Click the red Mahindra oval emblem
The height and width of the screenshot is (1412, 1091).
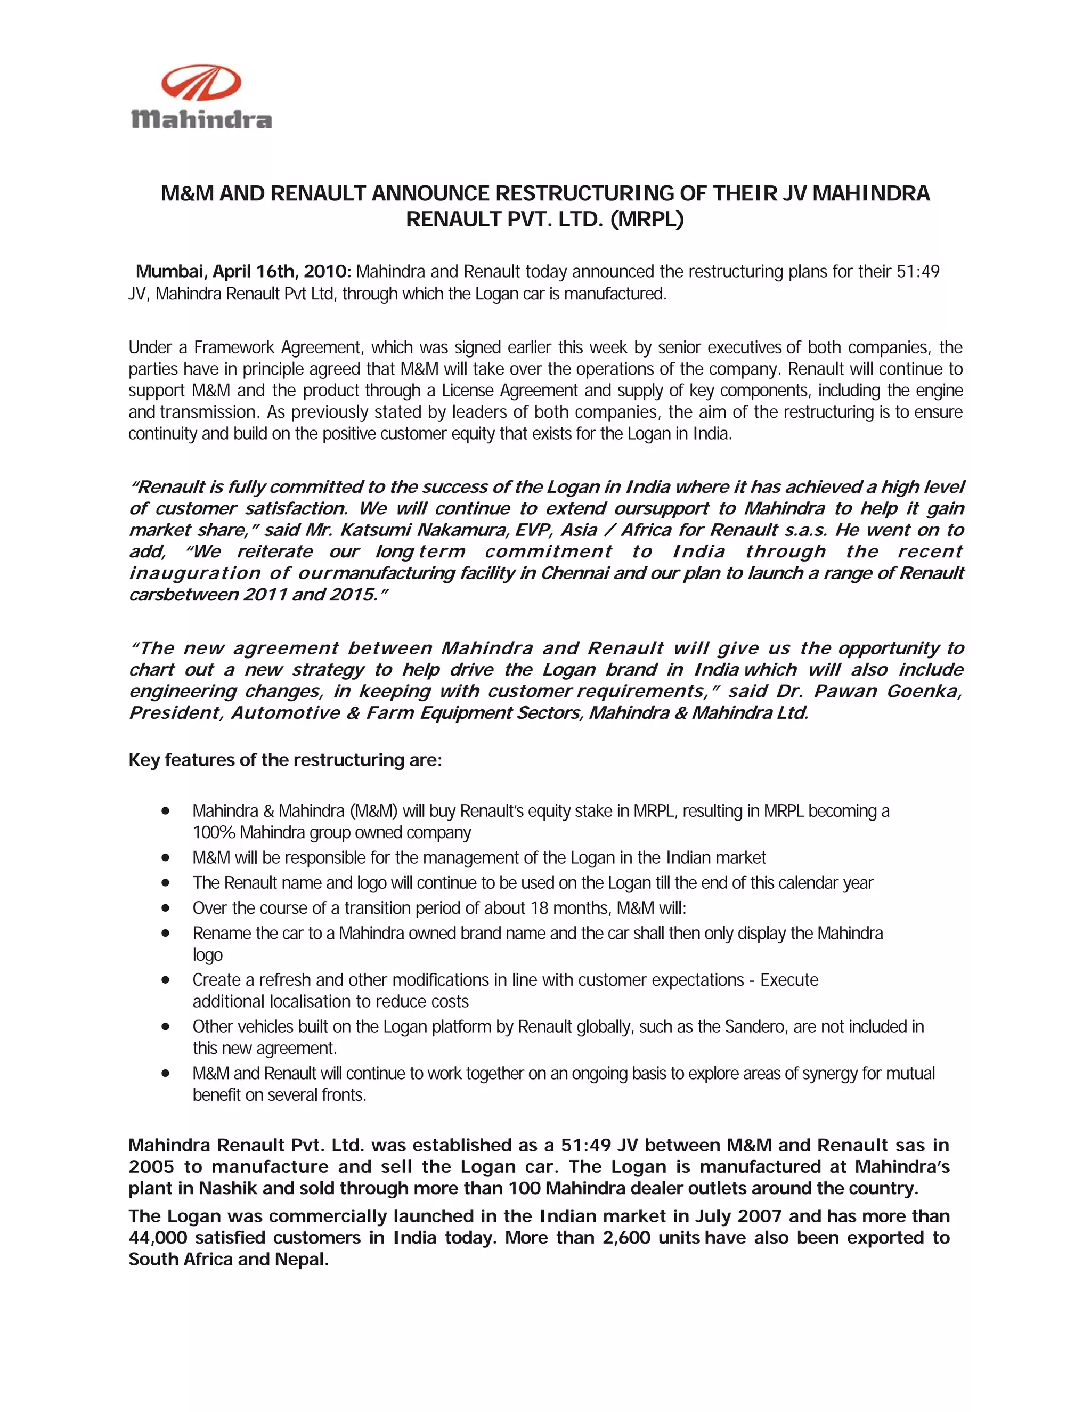201,84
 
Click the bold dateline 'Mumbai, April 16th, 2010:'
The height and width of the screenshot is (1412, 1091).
243,272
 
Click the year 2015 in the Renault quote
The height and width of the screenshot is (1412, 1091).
351,595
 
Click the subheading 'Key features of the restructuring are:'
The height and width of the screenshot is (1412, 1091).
285,760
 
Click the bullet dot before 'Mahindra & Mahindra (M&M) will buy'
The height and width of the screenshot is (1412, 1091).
166,811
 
